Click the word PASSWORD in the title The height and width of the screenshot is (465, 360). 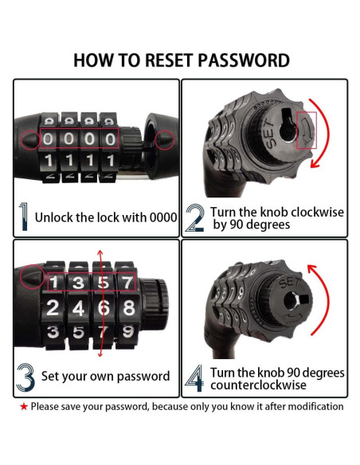tap(244, 61)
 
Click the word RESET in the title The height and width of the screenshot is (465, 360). tap(168, 61)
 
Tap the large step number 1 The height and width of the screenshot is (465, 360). tap(23, 217)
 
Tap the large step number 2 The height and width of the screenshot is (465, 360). tap(195, 218)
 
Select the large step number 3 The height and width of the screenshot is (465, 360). tap(25, 377)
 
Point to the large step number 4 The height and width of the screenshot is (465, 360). tap(194, 378)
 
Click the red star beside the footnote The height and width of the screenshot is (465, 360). tap(24, 407)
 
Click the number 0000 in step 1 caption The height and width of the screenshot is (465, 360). tap(162, 217)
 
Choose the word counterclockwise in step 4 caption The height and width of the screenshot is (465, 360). tap(258, 385)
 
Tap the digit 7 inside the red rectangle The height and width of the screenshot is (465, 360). tap(127, 282)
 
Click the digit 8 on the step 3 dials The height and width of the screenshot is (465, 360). tap(129, 307)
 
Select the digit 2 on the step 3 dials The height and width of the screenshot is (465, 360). tap(53, 307)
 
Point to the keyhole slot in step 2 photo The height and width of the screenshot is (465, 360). tap(288, 124)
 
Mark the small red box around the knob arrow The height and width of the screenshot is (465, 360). tap(307, 131)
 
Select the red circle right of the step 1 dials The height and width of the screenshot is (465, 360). tap(165, 139)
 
